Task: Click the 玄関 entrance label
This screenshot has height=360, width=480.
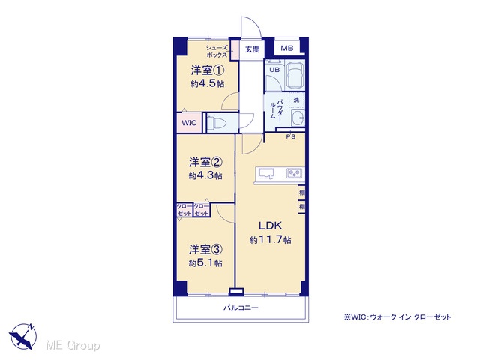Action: click(x=253, y=49)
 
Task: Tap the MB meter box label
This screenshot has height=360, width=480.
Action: click(x=286, y=48)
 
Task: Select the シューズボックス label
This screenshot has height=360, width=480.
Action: click(x=217, y=52)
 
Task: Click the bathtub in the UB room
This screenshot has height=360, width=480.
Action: click(x=295, y=75)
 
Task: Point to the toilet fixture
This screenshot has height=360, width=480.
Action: click(x=216, y=124)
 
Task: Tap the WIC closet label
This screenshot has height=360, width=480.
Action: click(x=189, y=123)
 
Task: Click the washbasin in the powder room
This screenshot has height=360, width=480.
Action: click(x=298, y=118)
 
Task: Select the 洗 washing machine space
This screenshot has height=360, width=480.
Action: click(x=296, y=100)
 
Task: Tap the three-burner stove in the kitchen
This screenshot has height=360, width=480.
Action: click(x=294, y=173)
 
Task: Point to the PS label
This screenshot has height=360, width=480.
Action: click(x=291, y=136)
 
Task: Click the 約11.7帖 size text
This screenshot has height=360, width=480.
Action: click(x=270, y=239)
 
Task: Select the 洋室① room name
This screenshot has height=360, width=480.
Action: click(x=208, y=70)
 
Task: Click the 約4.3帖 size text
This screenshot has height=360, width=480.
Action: click(x=205, y=175)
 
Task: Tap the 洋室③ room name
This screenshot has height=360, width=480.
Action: click(x=205, y=250)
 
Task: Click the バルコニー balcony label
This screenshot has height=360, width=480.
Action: click(x=241, y=307)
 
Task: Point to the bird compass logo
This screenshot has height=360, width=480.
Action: click(x=22, y=335)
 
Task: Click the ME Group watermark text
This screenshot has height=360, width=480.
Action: click(x=73, y=345)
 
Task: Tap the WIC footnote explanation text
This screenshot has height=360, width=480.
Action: click(x=397, y=316)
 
